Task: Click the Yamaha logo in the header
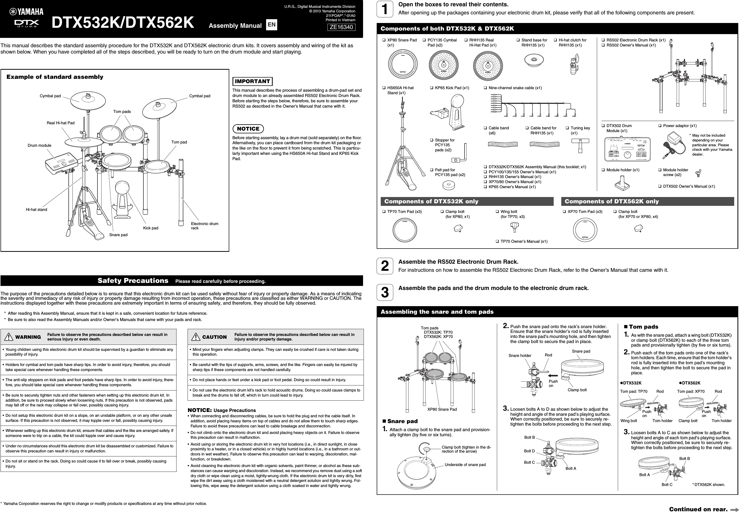26,12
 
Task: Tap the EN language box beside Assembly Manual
272,25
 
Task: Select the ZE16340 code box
341,27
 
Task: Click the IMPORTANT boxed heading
252,82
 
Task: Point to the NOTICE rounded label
248,129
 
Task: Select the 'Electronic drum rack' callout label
204,226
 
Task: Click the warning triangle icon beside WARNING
9,337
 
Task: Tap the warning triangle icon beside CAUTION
195,337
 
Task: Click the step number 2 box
385,266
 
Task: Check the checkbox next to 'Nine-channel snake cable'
486,88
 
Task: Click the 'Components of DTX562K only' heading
611,202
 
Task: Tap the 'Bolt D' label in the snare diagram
529,451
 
